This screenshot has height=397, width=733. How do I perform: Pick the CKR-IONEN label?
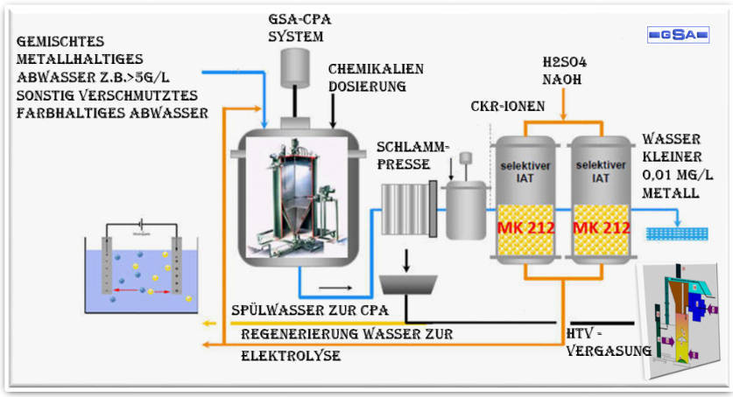pyautogui.click(x=508, y=107)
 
